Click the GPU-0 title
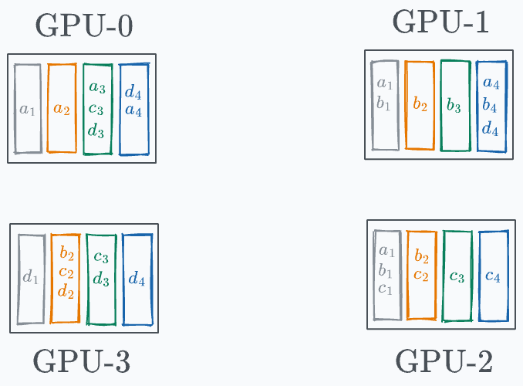coord(84,25)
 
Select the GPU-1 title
coord(441,22)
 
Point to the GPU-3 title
coord(82,361)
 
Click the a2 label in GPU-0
coord(62,110)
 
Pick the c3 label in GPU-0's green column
coord(97,110)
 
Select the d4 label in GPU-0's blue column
coord(133,93)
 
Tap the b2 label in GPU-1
coord(420,105)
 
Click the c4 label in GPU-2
coord(493,276)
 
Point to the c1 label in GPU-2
coord(386,290)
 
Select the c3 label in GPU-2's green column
coord(457,276)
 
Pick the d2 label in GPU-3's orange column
coord(66,292)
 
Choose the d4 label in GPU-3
coord(137,279)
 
